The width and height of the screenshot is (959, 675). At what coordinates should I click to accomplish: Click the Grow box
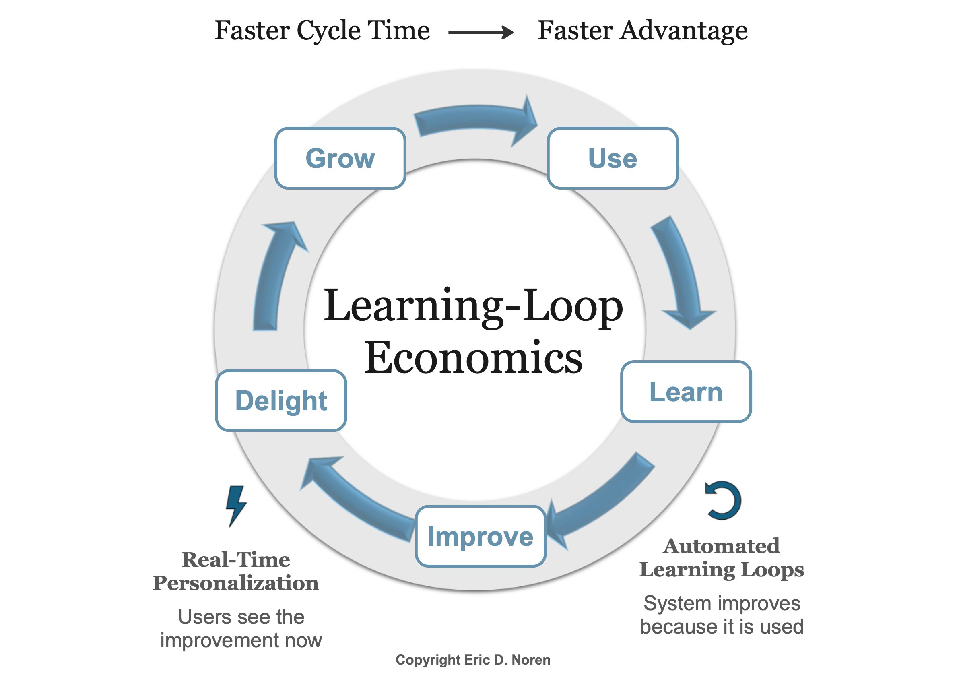coord(340,158)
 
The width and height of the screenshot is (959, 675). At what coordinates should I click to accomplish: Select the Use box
coord(613,158)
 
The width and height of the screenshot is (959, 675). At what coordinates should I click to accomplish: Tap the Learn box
coord(686,392)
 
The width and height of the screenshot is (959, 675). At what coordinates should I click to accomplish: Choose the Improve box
coord(481,536)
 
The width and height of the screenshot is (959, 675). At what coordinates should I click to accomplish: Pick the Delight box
coord(280,400)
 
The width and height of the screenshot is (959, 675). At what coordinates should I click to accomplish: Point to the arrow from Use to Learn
coord(681,272)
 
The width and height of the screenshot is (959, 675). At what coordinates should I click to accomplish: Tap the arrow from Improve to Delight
coord(355,497)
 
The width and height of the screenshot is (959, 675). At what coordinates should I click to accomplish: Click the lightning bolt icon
coord(236,506)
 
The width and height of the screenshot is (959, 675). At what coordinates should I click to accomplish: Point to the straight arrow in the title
coord(481,32)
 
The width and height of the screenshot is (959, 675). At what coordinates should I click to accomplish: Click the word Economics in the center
coord(473,357)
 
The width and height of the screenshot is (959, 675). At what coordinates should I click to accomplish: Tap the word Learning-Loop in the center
coord(473,306)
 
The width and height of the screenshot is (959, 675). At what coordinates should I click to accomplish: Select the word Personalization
coord(235,583)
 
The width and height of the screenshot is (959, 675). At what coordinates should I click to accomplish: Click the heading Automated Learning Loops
coord(721,557)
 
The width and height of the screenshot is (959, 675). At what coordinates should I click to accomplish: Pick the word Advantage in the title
coord(683,31)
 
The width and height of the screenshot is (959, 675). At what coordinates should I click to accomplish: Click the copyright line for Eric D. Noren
coord(473,660)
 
